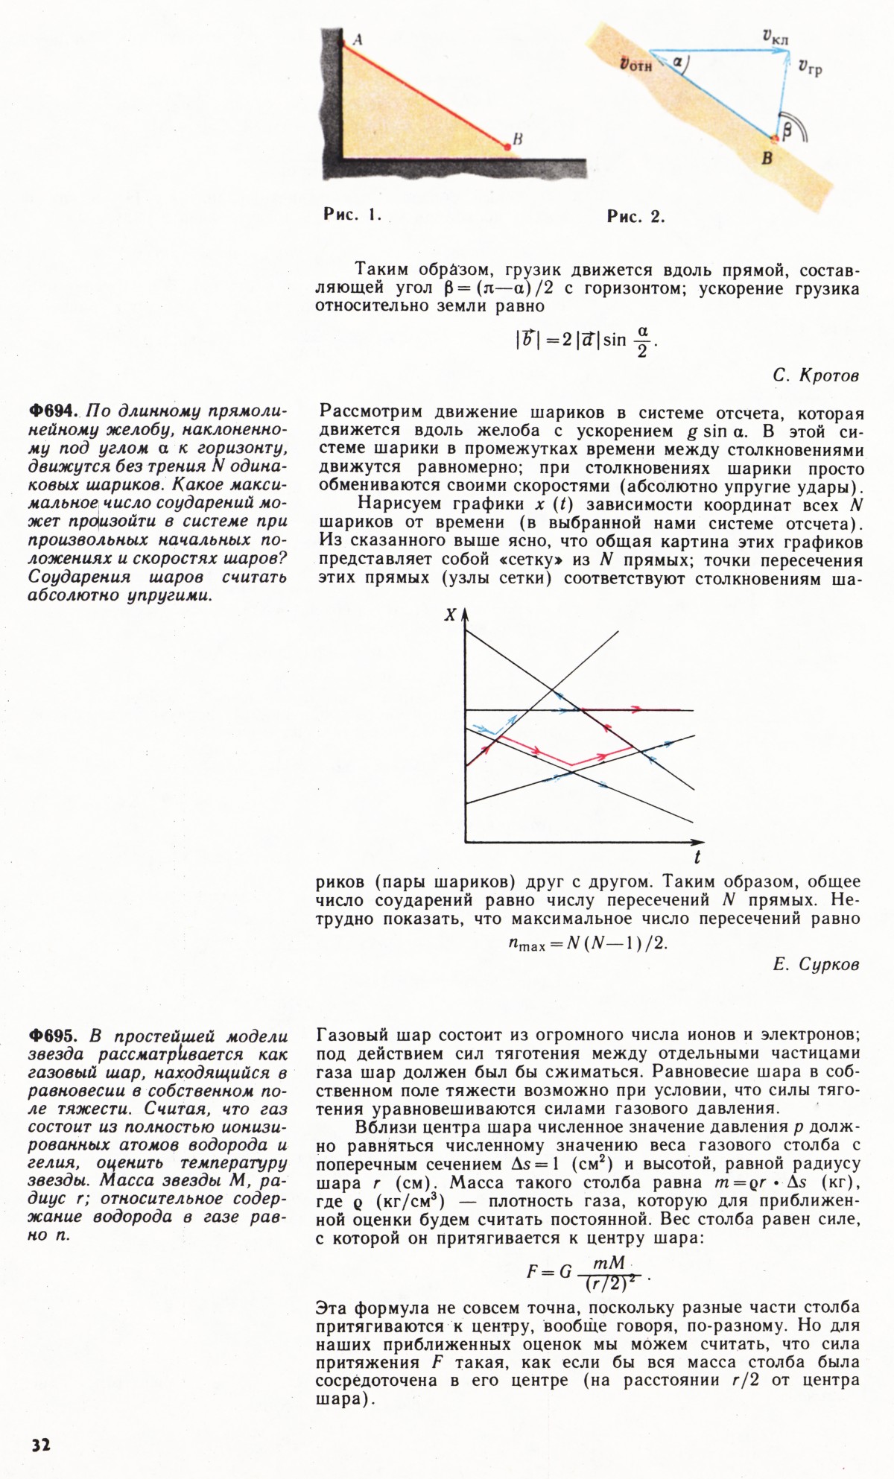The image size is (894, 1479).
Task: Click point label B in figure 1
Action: coord(517,139)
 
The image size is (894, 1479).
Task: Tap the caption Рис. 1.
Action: coord(352,216)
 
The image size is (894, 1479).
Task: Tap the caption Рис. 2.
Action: coord(635,218)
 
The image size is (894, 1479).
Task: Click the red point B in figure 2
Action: coord(775,138)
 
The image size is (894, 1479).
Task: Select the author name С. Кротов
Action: coord(816,376)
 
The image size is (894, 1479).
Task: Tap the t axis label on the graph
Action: coord(697,857)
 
